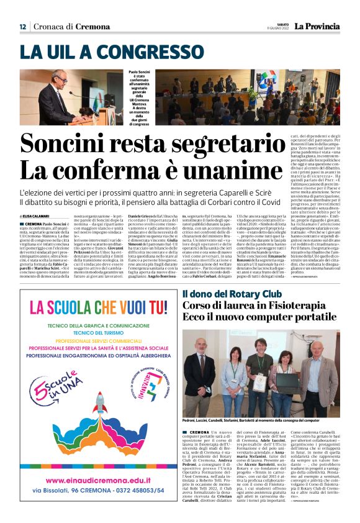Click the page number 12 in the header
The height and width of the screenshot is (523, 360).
[x=22, y=26]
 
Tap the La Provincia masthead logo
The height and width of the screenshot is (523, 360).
[x=317, y=26]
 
